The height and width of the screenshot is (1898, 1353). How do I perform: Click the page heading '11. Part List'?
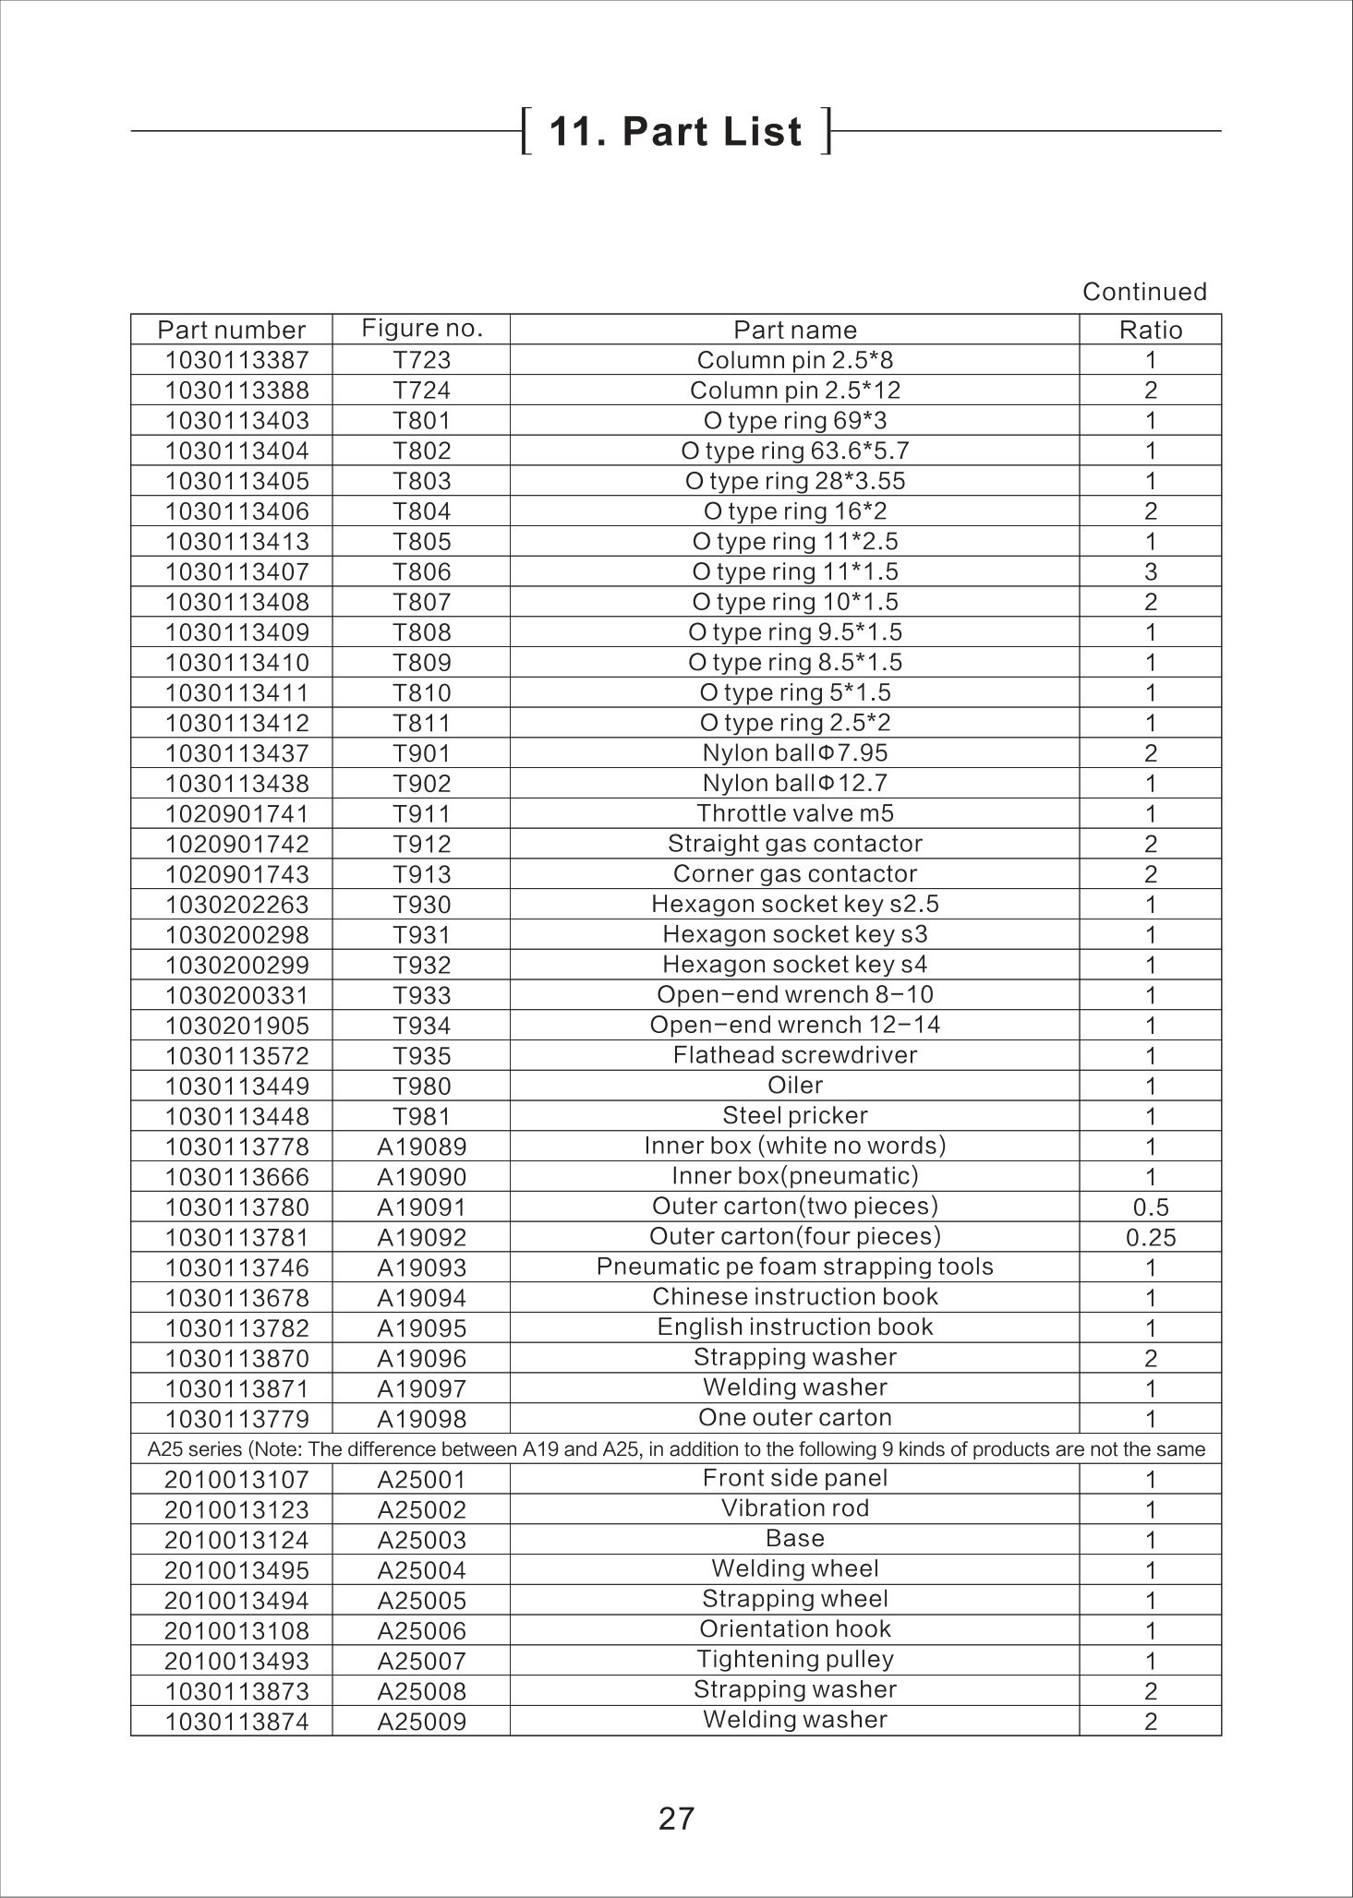tap(676, 131)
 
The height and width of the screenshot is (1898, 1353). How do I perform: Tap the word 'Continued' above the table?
tap(1144, 292)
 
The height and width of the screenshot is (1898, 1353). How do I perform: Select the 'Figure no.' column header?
tap(422, 329)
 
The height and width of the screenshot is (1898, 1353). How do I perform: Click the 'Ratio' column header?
tap(1150, 330)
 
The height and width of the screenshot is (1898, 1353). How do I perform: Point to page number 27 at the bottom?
tap(676, 1818)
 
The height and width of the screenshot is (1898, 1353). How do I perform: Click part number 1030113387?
tap(236, 360)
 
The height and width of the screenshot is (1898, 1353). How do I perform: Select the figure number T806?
tap(422, 571)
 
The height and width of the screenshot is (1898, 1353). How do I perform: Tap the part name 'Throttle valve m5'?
tap(795, 813)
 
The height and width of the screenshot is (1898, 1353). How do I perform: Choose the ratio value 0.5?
tap(1150, 1207)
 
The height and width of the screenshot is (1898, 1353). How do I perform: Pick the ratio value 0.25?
tap(1150, 1237)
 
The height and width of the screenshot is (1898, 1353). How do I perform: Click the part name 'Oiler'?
tap(795, 1085)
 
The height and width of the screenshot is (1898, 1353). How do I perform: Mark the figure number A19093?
tap(422, 1267)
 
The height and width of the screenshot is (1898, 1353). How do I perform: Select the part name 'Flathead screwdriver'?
tap(795, 1055)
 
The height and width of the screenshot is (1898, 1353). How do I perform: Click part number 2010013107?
tap(236, 1479)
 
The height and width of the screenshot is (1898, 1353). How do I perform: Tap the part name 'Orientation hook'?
tap(795, 1629)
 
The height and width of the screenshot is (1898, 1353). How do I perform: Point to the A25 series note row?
tap(676, 1449)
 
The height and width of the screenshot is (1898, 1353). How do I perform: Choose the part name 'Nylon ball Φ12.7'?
tap(795, 783)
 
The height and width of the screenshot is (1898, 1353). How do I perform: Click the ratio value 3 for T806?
tap(1150, 571)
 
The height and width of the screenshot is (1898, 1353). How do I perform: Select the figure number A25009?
tap(422, 1721)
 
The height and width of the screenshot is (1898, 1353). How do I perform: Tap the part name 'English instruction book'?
tap(795, 1327)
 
